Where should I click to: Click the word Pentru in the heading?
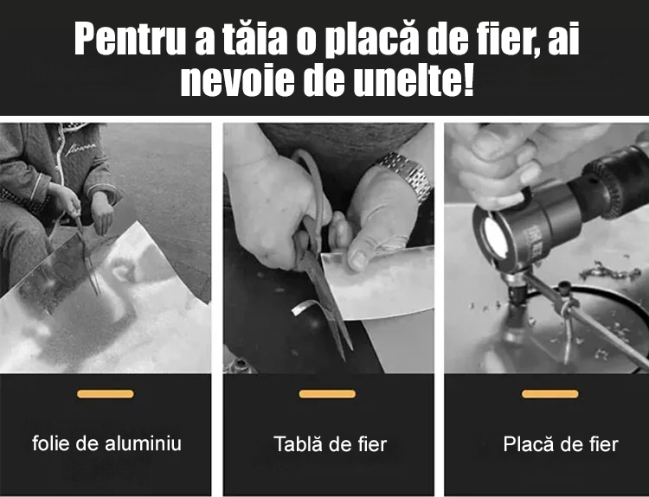[130, 38]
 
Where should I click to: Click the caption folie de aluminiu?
[106, 443]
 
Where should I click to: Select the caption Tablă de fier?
[331, 444]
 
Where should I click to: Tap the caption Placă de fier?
[561, 444]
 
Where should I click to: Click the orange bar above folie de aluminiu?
[106, 394]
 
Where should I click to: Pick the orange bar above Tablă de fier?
[327, 394]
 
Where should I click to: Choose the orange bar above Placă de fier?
[550, 394]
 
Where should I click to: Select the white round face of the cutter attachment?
[496, 239]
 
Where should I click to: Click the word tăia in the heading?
[255, 38]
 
